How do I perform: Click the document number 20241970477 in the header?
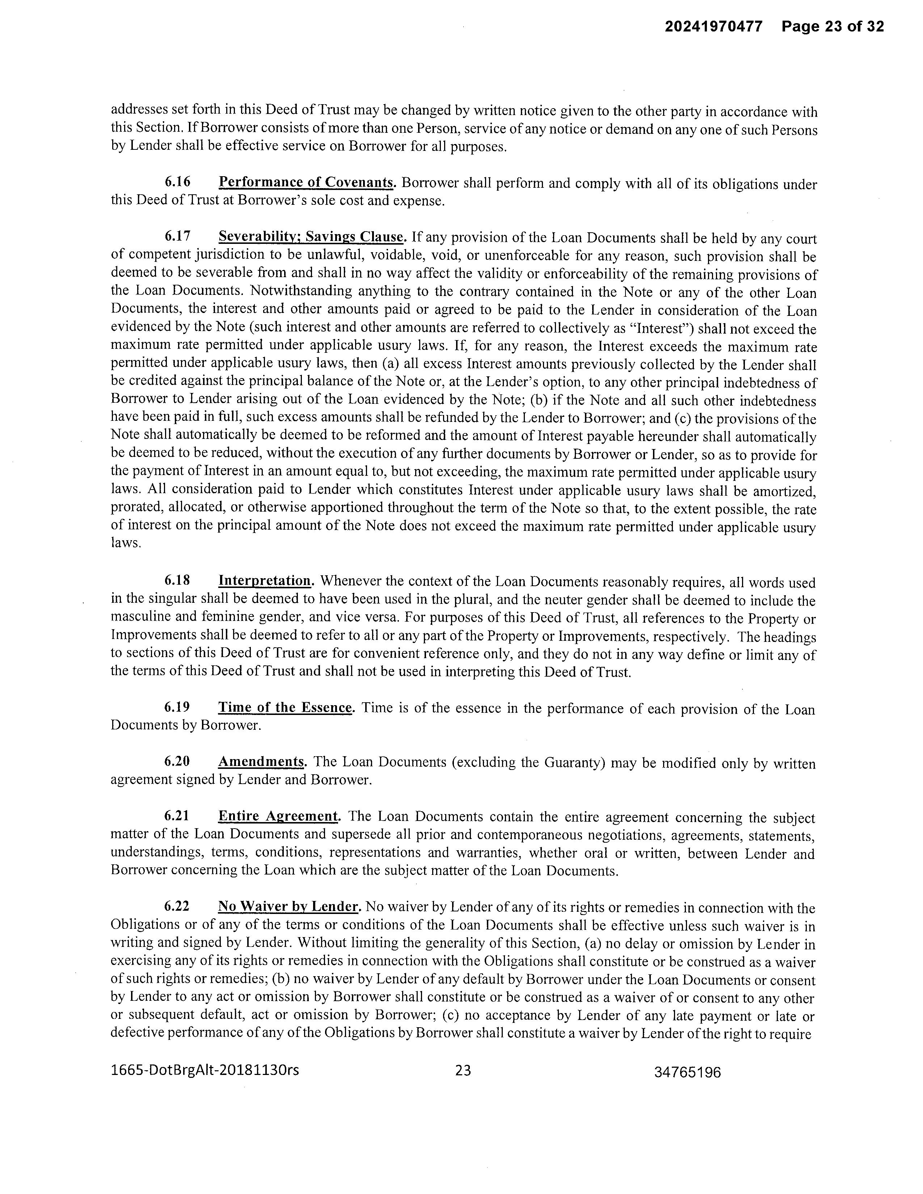click(713, 26)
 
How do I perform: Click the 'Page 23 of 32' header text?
click(832, 26)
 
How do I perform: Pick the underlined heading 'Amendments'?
click(261, 762)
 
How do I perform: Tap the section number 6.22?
click(177, 906)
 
